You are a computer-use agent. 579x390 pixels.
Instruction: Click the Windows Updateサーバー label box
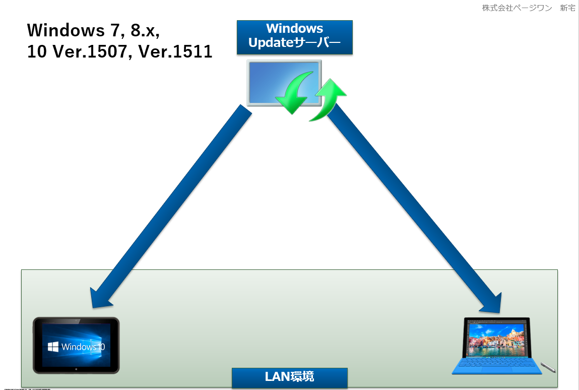coord(294,37)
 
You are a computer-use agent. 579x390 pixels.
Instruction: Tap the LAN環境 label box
coord(289,377)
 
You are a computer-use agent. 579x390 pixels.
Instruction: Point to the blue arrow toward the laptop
coord(413,207)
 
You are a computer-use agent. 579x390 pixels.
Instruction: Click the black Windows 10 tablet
coord(76,345)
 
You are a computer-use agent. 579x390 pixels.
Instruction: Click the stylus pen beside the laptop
coord(548,367)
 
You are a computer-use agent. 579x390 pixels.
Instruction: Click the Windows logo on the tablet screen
coord(53,347)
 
